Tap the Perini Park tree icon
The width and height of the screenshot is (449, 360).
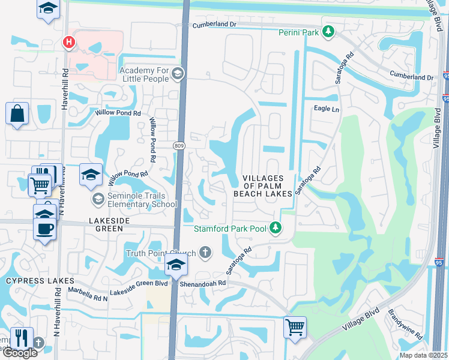coord(328,32)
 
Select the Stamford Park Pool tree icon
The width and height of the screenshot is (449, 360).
coord(276,228)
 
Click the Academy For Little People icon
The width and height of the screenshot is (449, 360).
coord(177,73)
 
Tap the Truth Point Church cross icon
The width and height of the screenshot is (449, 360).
coord(205,253)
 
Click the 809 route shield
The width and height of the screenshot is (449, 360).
coord(180,146)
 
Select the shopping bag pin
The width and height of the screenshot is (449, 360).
coord(17,113)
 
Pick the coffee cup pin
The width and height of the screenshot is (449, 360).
coord(45,228)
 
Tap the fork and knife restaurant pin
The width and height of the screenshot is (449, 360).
coord(21,338)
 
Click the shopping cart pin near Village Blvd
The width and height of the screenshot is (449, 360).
coord(295,328)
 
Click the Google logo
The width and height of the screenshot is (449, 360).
coord(19,353)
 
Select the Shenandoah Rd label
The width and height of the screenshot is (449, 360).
coord(202,283)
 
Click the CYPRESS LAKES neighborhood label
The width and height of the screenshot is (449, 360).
coord(40,281)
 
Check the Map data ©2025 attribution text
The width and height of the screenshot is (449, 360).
coord(423,355)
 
